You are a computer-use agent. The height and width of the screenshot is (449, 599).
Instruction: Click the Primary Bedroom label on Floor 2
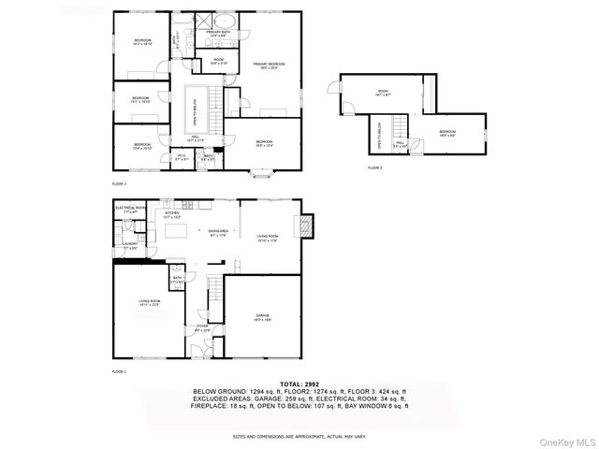[269, 65]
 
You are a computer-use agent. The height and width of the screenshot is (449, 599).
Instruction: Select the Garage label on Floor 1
[263, 317]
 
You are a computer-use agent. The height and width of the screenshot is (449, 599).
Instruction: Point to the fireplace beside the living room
[305, 224]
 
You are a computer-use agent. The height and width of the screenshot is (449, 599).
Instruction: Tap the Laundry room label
[130, 245]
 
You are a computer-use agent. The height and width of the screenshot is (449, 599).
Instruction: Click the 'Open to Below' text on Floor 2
[195, 109]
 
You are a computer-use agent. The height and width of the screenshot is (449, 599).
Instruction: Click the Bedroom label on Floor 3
[447, 133]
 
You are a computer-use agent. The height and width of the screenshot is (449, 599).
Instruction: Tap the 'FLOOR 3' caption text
[375, 167]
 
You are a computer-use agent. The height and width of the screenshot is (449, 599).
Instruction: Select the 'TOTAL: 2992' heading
[299, 384]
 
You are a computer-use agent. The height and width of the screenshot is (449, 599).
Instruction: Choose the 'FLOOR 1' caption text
[119, 371]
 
